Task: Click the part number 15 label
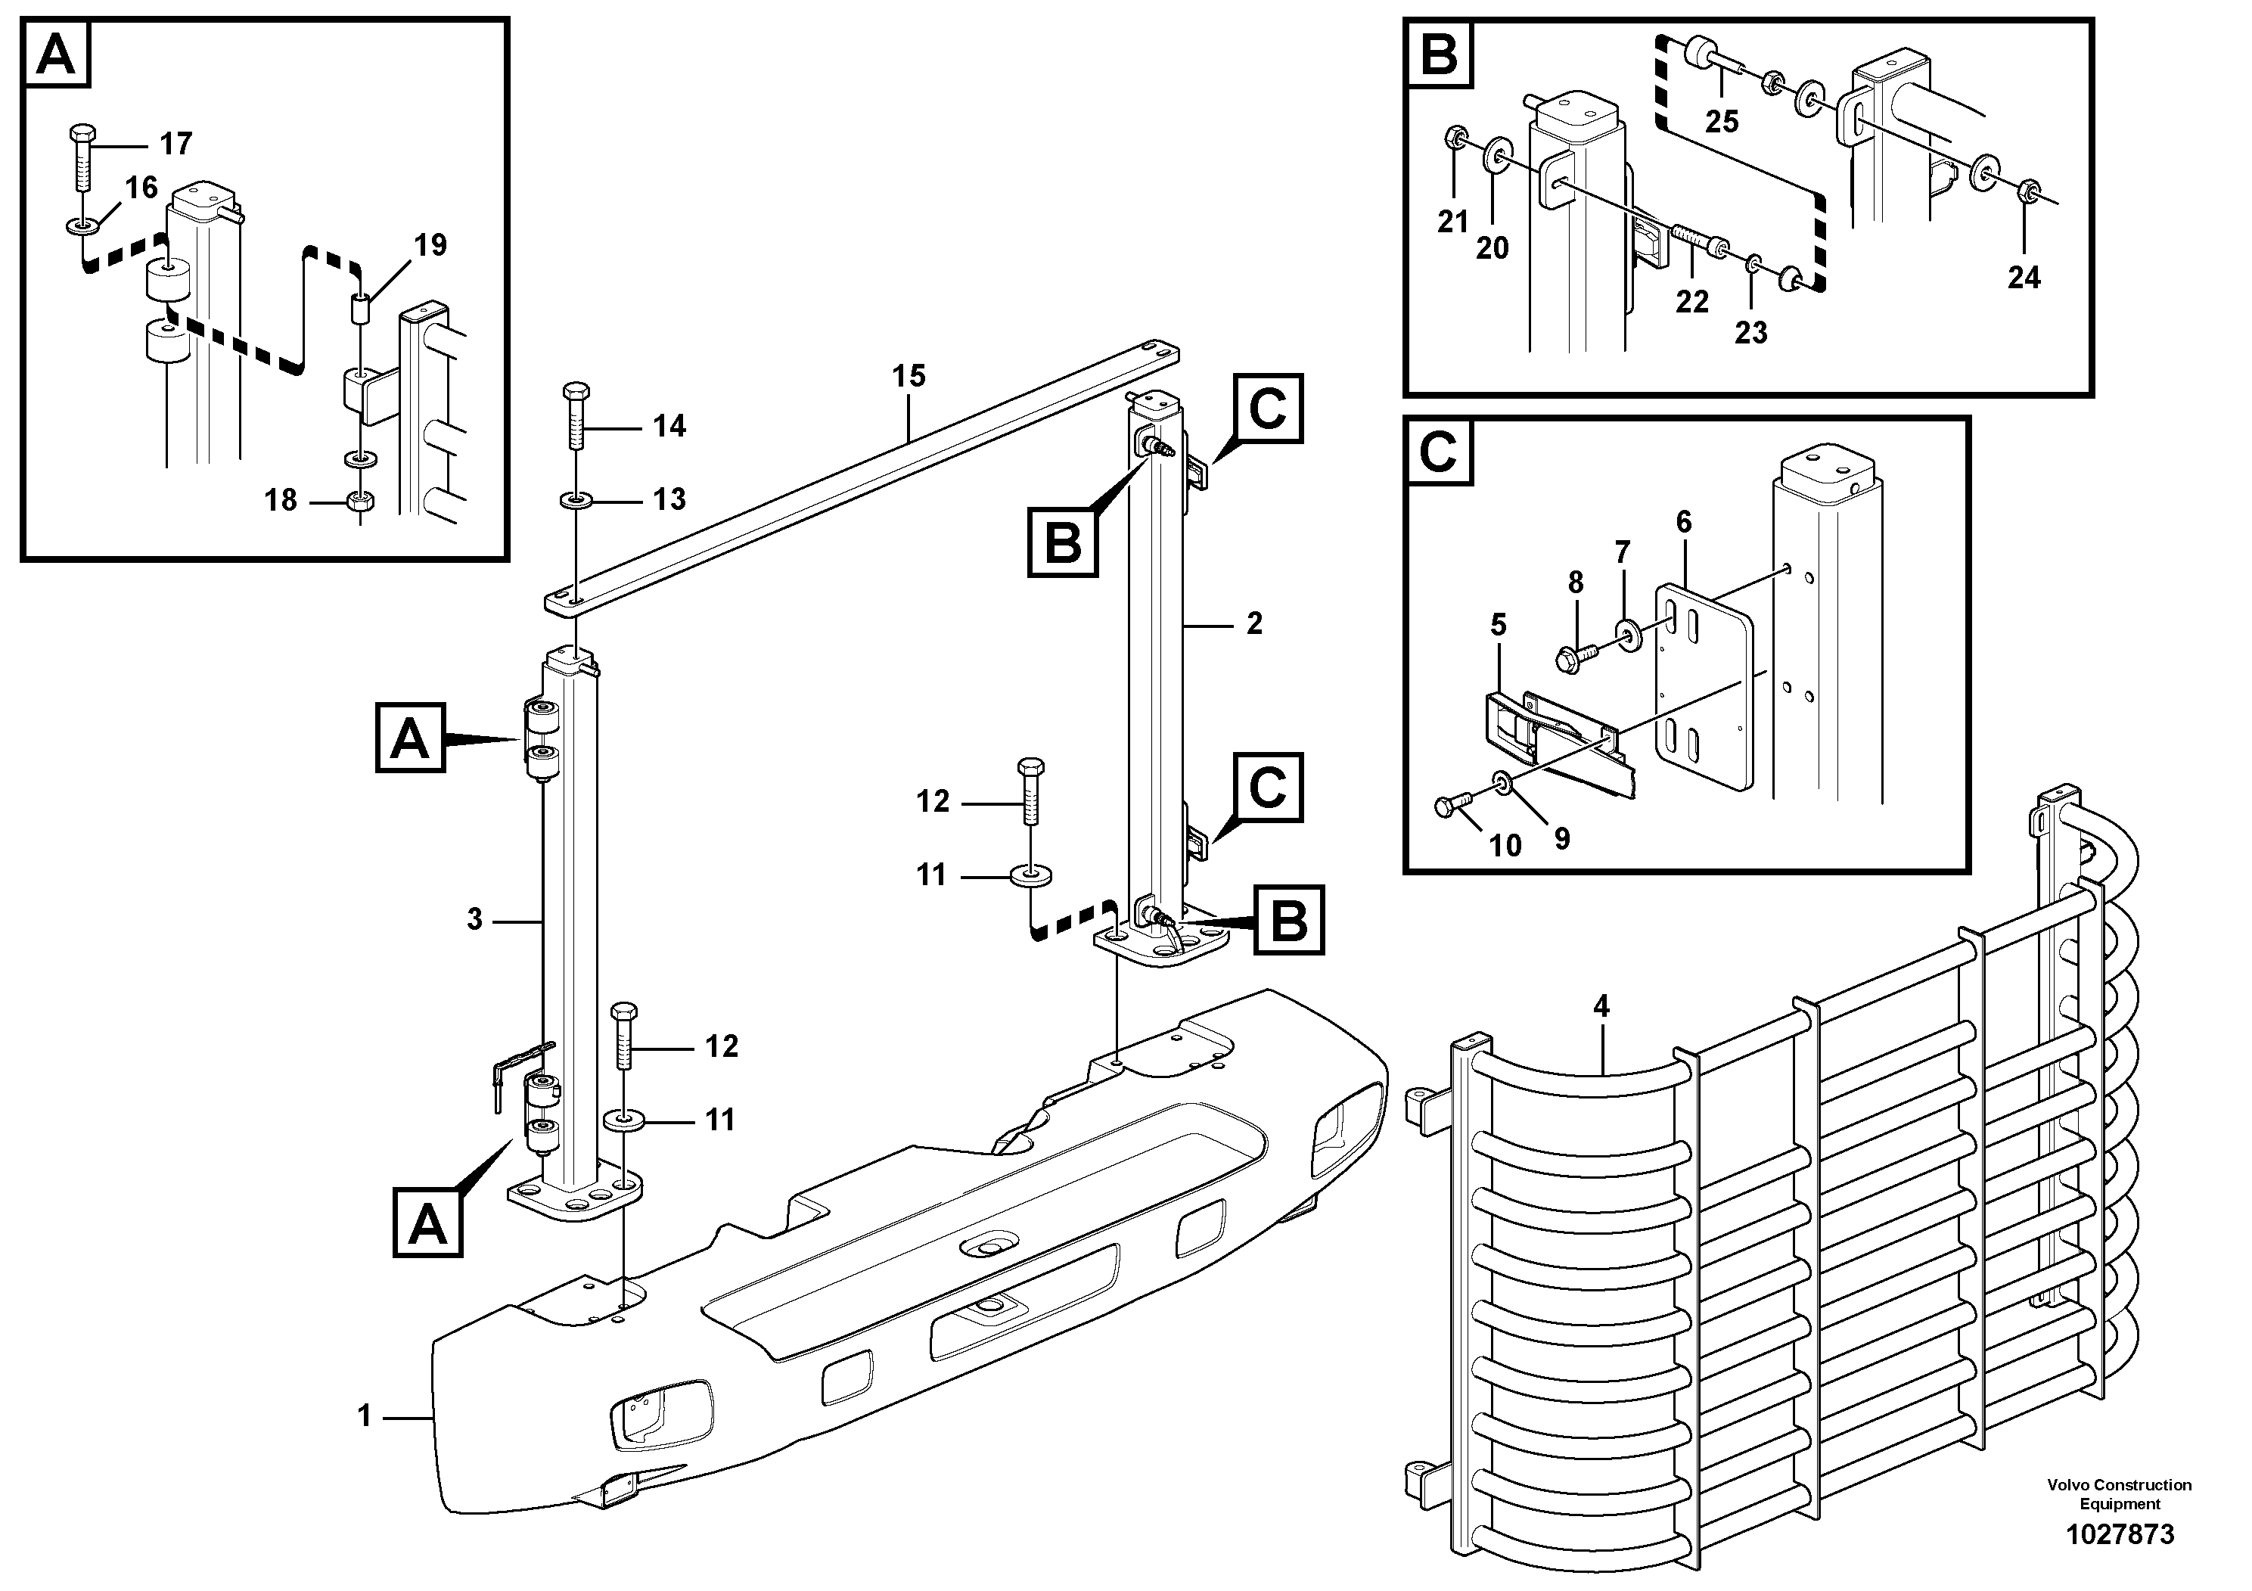tap(909, 376)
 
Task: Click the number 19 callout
tap(430, 245)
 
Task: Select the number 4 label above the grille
tap(1601, 1005)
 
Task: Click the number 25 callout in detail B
tap(1722, 122)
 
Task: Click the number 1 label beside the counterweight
tap(364, 1416)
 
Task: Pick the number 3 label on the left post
tap(475, 919)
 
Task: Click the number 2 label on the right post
tap(1253, 624)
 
